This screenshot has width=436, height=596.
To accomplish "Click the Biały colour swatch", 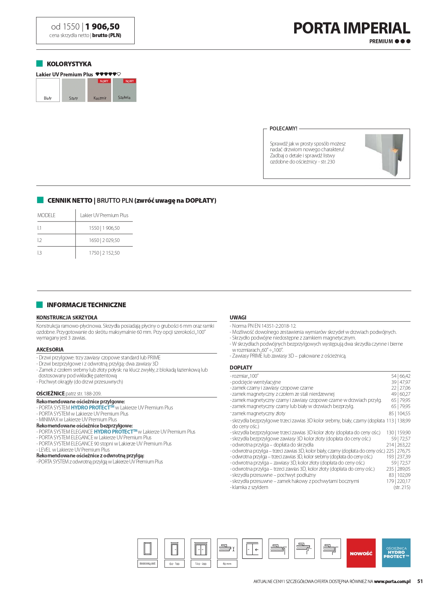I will pyautogui.click(x=48, y=90).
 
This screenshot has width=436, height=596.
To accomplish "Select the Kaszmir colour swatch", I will pyautogui.click(x=99, y=90).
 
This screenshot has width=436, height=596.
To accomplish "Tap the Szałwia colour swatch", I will pyautogui.click(x=125, y=90).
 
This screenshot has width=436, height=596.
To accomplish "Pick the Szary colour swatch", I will pyautogui.click(x=73, y=90).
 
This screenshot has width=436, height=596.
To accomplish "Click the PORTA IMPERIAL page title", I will pyautogui.click(x=351, y=28).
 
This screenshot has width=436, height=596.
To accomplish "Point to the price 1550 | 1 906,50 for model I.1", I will pyautogui.click(x=104, y=228).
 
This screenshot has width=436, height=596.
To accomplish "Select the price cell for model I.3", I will pyautogui.click(x=104, y=253).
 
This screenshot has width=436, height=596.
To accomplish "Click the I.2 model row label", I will pyautogui.click(x=40, y=240).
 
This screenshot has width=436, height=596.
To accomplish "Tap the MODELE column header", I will pyautogui.click(x=46, y=215).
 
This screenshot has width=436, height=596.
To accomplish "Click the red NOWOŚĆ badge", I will pyautogui.click(x=361, y=553).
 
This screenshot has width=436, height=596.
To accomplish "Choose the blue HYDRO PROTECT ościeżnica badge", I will pyautogui.click(x=396, y=553).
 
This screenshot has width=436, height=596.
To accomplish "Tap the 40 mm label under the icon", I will pyautogui.click(x=227, y=564).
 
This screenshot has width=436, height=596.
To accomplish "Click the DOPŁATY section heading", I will pyautogui.click(x=241, y=367).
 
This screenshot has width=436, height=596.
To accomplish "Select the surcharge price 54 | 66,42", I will pyautogui.click(x=401, y=376).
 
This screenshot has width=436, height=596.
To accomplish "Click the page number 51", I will pyautogui.click(x=420, y=581).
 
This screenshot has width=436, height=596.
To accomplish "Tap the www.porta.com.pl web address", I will pyautogui.click(x=392, y=581).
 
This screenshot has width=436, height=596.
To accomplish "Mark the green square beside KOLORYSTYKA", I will pyautogui.click(x=40, y=64).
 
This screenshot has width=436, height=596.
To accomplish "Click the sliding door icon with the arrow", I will pyautogui.click(x=252, y=549).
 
